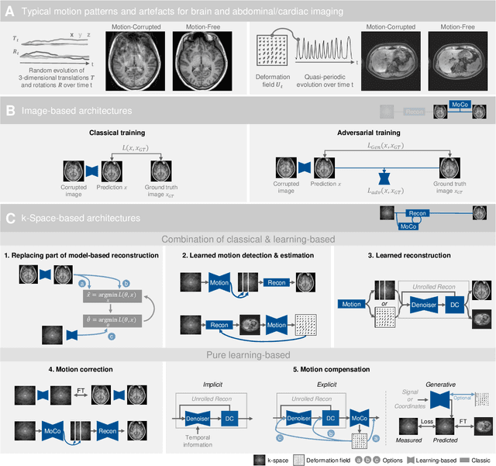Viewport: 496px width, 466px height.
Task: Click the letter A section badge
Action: pyautogui.click(x=10, y=12)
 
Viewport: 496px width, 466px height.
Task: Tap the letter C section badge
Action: pyautogui.click(x=10, y=219)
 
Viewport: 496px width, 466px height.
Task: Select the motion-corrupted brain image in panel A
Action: pyautogui.click(x=136, y=64)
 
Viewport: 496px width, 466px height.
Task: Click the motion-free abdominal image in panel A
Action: pyautogui.click(x=460, y=64)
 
